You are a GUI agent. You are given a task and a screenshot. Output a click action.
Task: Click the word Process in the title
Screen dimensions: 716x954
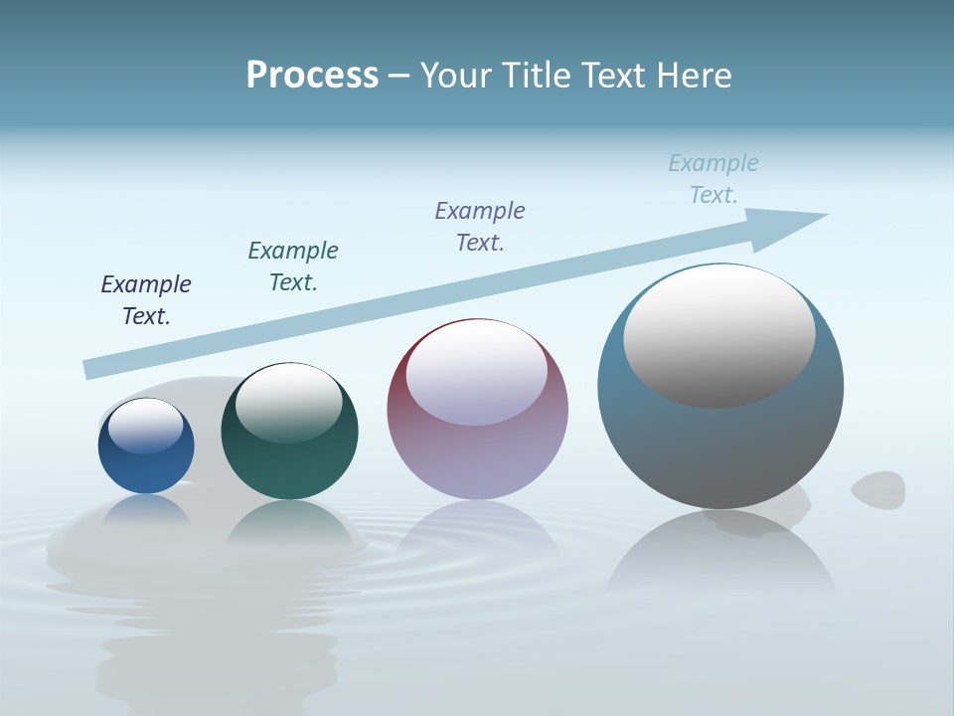click(312, 76)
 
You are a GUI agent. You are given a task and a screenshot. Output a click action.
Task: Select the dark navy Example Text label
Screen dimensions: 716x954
click(146, 300)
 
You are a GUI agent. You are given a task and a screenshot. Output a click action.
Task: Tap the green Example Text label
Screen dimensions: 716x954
click(293, 267)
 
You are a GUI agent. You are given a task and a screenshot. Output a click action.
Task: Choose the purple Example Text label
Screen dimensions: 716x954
click(480, 227)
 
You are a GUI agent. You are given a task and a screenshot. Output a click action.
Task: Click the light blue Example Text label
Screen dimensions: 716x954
click(714, 179)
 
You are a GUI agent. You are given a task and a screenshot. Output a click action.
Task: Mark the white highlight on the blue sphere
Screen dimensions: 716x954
click(146, 426)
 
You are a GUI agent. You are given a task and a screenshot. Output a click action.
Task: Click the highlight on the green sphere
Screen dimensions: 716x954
click(289, 403)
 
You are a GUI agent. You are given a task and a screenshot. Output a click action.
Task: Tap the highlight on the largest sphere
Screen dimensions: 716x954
click(719, 336)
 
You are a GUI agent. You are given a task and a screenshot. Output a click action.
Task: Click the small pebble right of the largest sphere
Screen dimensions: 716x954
click(878, 488)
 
